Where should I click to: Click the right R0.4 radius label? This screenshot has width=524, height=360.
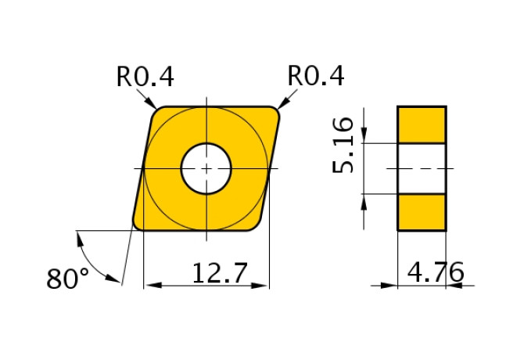click(316, 76)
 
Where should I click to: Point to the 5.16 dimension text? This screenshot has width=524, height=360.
click(345, 146)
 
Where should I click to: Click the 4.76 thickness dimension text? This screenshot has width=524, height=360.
click(436, 273)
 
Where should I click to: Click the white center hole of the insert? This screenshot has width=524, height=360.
click(206, 167)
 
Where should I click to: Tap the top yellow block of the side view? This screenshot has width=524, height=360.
click(422, 124)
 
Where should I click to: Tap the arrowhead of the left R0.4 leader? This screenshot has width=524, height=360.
click(153, 105)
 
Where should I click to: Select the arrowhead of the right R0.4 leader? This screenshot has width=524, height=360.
click(282, 104)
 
